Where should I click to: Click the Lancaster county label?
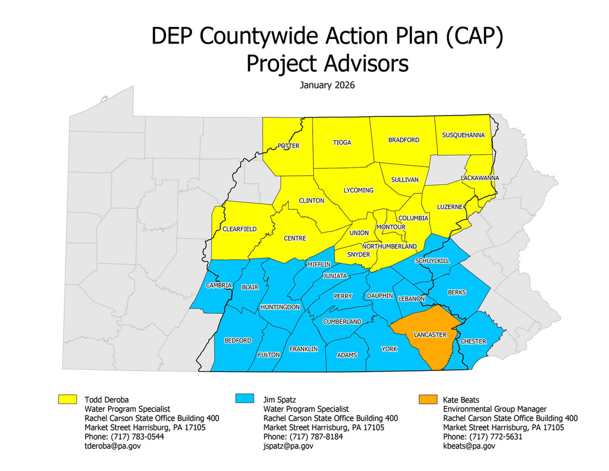[x=430, y=335]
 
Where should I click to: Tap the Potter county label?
[x=289, y=146]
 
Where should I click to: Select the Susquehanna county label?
[x=463, y=135]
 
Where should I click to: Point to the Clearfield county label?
[x=239, y=229]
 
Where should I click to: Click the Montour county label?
[x=391, y=227]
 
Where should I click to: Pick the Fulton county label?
[x=269, y=355]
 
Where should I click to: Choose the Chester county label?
[x=473, y=342]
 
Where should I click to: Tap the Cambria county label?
[x=219, y=285]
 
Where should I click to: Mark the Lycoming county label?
[x=358, y=190]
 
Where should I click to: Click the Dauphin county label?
[x=380, y=296]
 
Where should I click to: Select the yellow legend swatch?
[x=68, y=399]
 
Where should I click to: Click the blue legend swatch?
[x=245, y=399]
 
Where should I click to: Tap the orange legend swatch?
[x=428, y=399]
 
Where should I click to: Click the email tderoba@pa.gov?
[x=113, y=446]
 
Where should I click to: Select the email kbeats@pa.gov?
[x=469, y=446]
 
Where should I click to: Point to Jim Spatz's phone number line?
[x=303, y=437]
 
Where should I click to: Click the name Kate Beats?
[x=461, y=400]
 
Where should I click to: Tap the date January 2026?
[x=327, y=86]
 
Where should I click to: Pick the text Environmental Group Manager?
[x=495, y=409]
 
